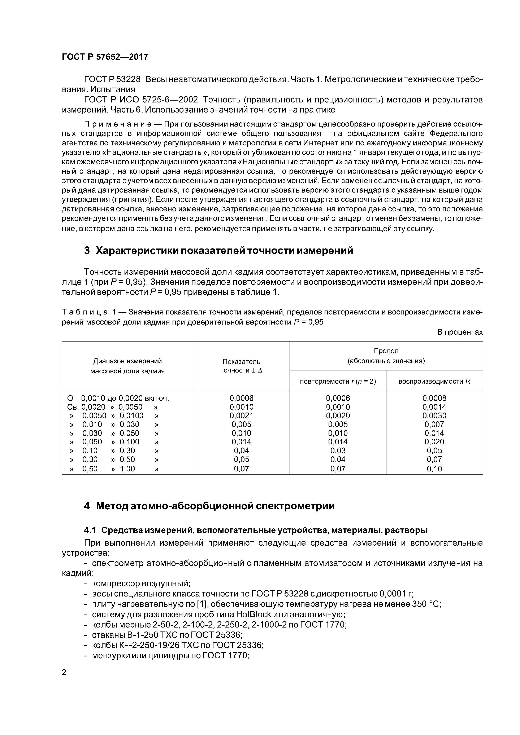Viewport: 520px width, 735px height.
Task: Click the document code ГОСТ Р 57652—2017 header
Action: pos(105,57)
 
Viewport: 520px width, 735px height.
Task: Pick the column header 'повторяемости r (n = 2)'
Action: pos(338,381)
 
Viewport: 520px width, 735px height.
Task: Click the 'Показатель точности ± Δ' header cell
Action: pos(241,366)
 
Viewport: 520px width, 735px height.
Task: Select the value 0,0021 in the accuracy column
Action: pos(241,415)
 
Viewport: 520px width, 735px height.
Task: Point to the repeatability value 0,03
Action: pos(338,450)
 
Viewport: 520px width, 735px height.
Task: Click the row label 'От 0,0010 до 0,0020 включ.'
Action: pos(118,398)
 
